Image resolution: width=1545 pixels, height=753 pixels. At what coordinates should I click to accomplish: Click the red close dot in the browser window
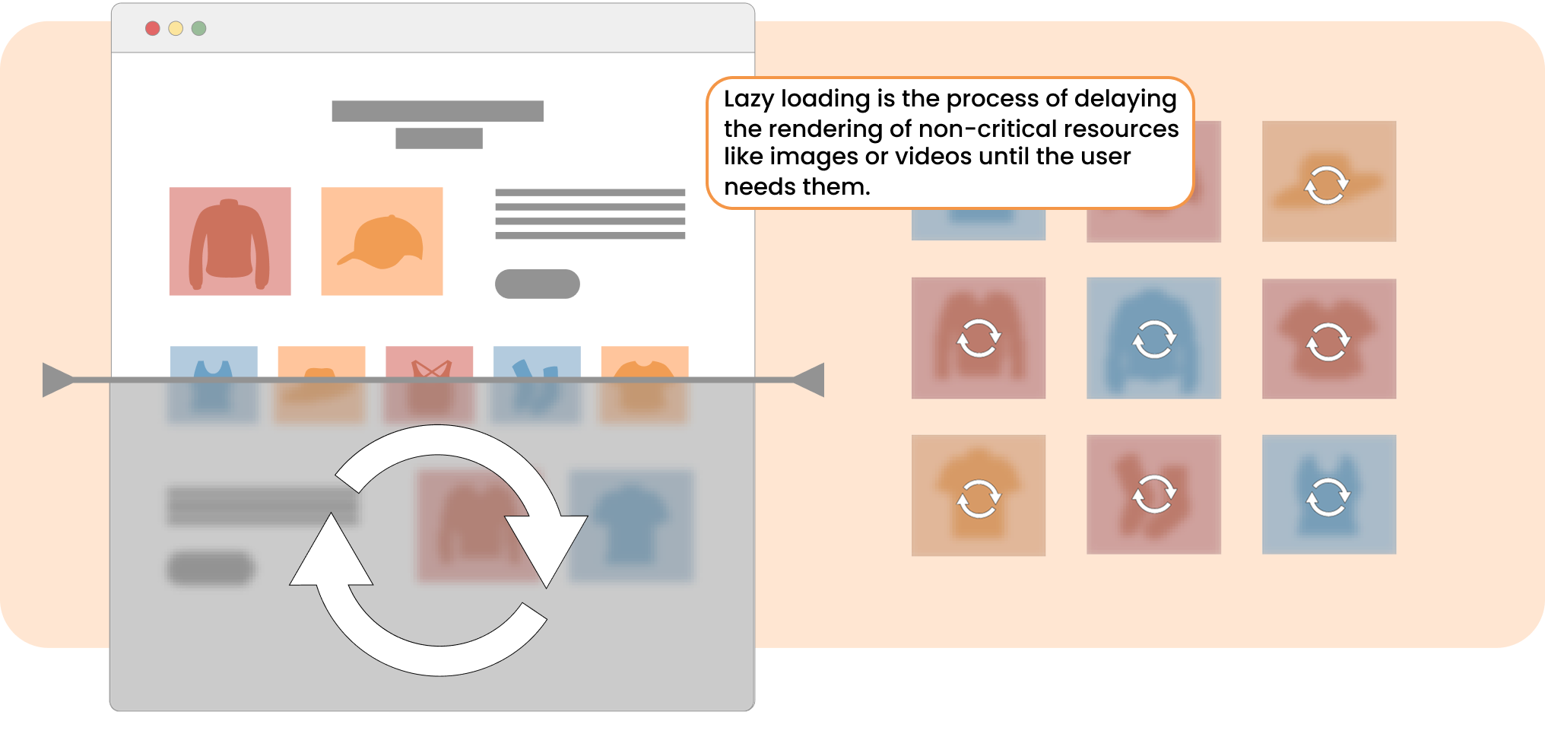click(152, 28)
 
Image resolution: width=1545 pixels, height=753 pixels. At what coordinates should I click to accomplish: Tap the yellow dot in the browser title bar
click(176, 28)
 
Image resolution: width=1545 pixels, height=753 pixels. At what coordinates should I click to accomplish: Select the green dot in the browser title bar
click(199, 28)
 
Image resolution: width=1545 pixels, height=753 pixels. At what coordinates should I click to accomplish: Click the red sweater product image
click(230, 241)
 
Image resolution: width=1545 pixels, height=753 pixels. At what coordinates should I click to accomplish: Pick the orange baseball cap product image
click(382, 241)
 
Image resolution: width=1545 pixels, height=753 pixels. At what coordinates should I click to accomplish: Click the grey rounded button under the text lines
click(538, 284)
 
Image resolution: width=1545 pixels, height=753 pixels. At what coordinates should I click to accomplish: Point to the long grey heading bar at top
click(437, 111)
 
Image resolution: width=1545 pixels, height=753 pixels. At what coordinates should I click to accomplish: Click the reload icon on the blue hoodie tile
click(1154, 338)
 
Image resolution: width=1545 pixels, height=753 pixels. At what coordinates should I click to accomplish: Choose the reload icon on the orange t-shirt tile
click(979, 498)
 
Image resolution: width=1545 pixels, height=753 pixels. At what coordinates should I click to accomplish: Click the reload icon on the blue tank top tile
click(1328, 497)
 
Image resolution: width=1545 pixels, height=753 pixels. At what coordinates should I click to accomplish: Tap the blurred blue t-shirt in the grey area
click(631, 525)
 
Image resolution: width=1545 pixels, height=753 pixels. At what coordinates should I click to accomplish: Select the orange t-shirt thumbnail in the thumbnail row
click(645, 364)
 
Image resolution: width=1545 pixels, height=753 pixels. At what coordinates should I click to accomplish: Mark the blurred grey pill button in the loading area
click(211, 567)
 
